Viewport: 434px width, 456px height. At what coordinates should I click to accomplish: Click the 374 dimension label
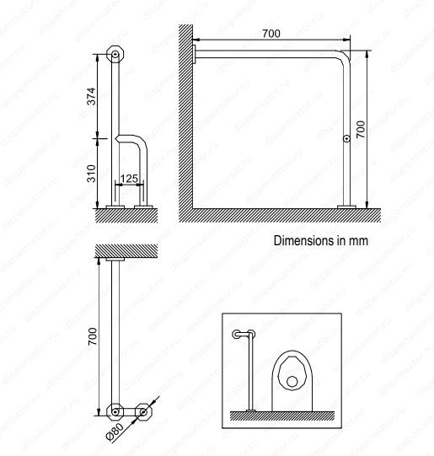tap(92, 96)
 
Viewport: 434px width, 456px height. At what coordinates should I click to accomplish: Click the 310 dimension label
tap(92, 174)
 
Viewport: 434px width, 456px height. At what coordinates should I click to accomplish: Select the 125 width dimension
tap(129, 179)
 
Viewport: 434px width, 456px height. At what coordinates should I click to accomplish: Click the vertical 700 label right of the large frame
tap(361, 130)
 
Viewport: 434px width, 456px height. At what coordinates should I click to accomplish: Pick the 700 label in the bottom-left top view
tap(93, 336)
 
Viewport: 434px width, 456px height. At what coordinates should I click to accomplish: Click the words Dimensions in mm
tap(321, 241)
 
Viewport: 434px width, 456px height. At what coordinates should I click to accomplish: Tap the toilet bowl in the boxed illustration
tap(292, 381)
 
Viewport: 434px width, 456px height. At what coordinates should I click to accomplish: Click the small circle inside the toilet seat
tap(292, 381)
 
